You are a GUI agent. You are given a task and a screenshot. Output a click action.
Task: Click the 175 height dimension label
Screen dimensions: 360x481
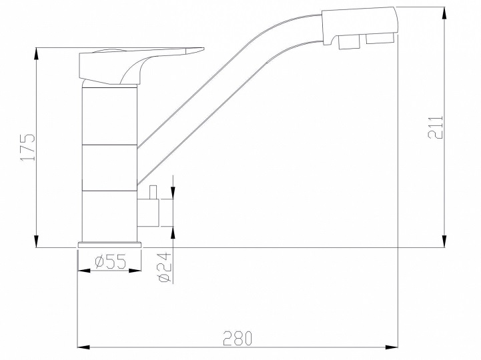(26, 147)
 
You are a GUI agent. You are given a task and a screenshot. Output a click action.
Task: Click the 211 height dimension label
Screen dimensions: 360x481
(435, 126)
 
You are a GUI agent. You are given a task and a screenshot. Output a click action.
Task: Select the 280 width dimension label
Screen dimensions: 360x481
(237, 338)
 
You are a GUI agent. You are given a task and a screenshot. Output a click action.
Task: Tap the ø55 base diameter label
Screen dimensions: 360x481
(110, 261)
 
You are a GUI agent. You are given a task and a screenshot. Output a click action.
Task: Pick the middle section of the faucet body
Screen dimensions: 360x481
(109, 167)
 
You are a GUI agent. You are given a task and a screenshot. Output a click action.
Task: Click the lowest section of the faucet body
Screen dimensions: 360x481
(109, 216)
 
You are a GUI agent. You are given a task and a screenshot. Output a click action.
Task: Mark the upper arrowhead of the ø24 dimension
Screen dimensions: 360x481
(173, 193)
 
